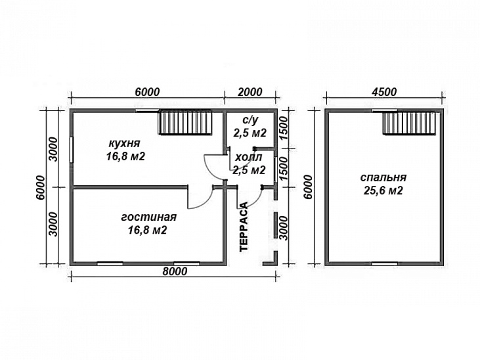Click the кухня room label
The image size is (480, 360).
[x=125, y=143]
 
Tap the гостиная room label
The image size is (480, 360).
[x=149, y=217]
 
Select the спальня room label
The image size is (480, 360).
[x=383, y=178]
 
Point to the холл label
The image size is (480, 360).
[x=249, y=158]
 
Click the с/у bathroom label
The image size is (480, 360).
[x=250, y=120]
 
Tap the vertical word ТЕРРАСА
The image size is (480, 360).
[x=244, y=227]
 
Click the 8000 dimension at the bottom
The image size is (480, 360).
[x=175, y=271]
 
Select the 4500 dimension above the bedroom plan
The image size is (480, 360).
[x=384, y=92]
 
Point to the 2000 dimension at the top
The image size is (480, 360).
[x=250, y=92]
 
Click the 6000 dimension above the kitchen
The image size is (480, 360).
[x=147, y=92]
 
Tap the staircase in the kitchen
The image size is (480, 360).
[x=185, y=122]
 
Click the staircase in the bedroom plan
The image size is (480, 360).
[x=409, y=122]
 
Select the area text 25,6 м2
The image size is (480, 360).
[x=383, y=191]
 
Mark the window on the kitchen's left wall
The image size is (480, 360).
[x=72, y=150]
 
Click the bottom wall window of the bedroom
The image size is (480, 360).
[x=385, y=263]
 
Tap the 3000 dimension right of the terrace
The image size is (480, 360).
[x=284, y=228]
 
